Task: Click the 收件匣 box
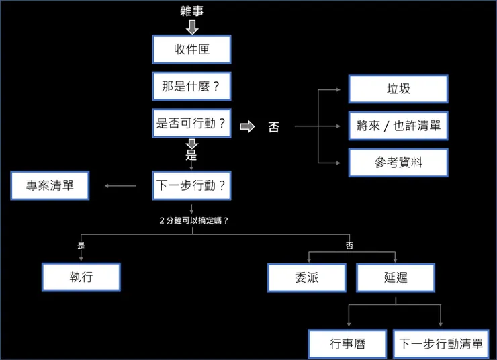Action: pos(191,50)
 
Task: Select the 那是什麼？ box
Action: pos(191,87)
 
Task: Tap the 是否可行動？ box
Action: pos(191,124)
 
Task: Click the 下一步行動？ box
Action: pos(191,185)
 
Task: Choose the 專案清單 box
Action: pos(50,185)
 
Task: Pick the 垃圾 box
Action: pos(398,89)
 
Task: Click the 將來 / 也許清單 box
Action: pos(398,126)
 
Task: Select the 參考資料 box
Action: pos(398,163)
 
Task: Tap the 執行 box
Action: pos(81,277)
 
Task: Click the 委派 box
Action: pos(307,277)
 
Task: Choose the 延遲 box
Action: pos(395,277)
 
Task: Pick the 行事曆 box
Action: pos(347,344)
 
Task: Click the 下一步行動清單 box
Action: pos(441,344)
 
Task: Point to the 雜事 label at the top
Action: pos(192,11)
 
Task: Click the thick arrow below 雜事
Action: pos(192,27)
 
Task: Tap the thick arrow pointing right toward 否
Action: pos(247,126)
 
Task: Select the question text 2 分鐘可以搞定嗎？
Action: pos(193,220)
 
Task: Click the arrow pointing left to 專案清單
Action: pos(121,186)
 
